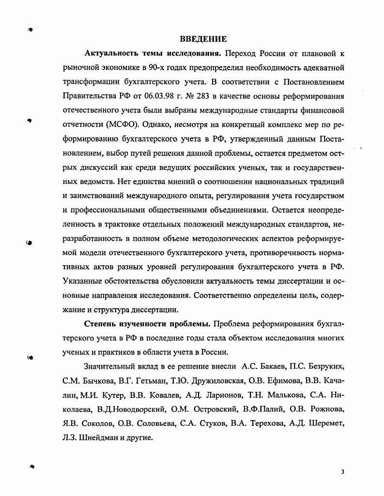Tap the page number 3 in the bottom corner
pyautogui.click(x=342, y=472)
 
